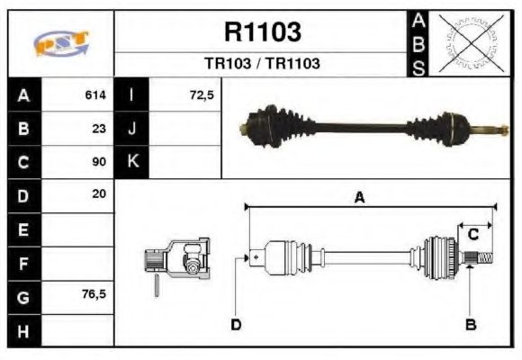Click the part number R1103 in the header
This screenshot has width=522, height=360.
[x=261, y=32]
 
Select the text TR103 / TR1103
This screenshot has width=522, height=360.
[x=261, y=64]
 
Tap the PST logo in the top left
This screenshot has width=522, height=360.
[x=59, y=42]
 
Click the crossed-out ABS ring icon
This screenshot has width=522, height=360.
[x=469, y=43]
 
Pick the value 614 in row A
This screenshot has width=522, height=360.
[x=95, y=94]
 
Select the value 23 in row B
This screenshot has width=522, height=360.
[x=99, y=128]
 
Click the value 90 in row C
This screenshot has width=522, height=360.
[x=99, y=162]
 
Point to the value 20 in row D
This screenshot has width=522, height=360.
[x=99, y=193]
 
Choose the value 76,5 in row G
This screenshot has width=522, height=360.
[x=94, y=294]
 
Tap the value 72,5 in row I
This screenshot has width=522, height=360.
[x=202, y=94]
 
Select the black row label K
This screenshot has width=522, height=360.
[x=132, y=161]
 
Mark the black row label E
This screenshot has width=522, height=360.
[x=22, y=229]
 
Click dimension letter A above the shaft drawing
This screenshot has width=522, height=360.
[x=359, y=200]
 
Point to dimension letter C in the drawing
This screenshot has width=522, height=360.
[x=472, y=235]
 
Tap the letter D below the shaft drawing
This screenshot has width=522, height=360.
[x=236, y=324]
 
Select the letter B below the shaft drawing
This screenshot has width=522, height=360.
[x=469, y=324]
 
